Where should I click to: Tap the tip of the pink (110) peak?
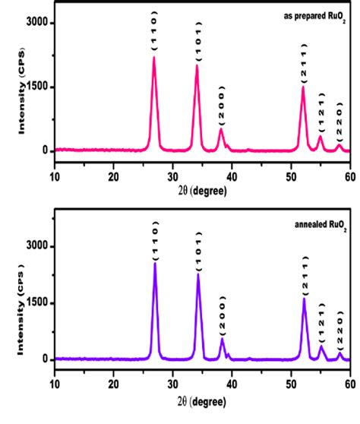(x=154, y=58)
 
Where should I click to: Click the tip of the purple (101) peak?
(x=198, y=274)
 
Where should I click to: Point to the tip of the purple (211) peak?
(x=304, y=299)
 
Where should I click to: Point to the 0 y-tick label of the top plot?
(x=44, y=150)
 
